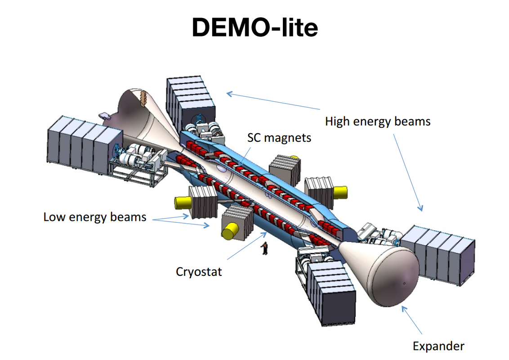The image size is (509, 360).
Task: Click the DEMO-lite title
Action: [x=255, y=27]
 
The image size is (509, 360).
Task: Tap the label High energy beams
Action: [x=378, y=121]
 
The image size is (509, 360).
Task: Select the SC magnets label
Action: [x=279, y=138]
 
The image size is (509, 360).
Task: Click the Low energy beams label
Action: [x=95, y=217]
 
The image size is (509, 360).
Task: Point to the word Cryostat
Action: [x=199, y=272]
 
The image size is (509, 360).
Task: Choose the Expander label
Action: [x=438, y=346]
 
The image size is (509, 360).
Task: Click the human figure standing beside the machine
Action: [x=265, y=248]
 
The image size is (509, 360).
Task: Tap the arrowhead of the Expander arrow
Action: [x=404, y=309]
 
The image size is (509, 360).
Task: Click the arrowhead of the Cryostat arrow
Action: [x=264, y=234]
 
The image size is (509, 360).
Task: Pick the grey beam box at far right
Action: [x=438, y=255]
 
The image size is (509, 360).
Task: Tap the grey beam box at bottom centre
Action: [x=331, y=292]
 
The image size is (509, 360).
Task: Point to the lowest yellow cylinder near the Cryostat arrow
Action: [x=230, y=231]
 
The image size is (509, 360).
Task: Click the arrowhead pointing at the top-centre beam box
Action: [x=229, y=94]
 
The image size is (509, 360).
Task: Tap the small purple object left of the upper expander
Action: [x=104, y=116]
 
